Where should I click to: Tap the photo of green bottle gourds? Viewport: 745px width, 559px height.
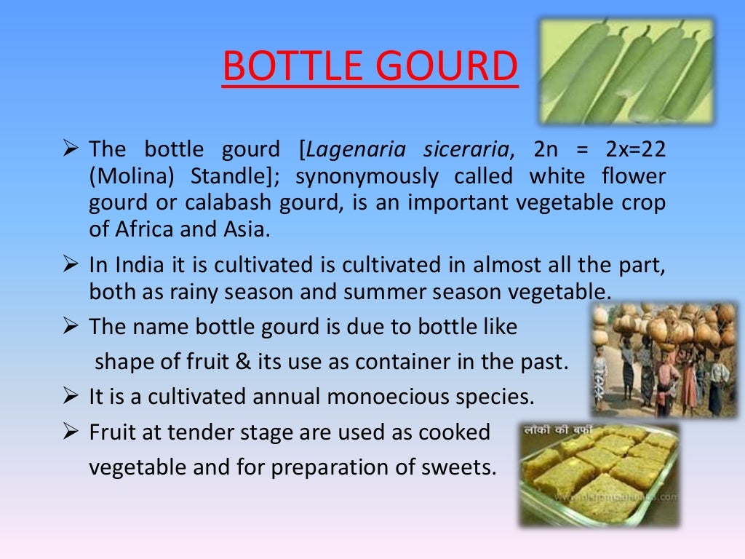click(x=628, y=70)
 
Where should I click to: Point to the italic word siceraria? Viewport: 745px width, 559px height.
click(x=466, y=150)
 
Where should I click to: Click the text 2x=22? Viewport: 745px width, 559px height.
click(x=635, y=150)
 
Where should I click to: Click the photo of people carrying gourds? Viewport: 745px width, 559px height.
click(x=664, y=359)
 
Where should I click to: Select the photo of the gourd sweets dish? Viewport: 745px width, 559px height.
click(x=599, y=473)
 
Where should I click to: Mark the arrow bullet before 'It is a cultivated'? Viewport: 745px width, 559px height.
click(x=71, y=397)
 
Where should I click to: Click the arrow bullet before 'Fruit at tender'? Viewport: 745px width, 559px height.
click(x=71, y=432)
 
